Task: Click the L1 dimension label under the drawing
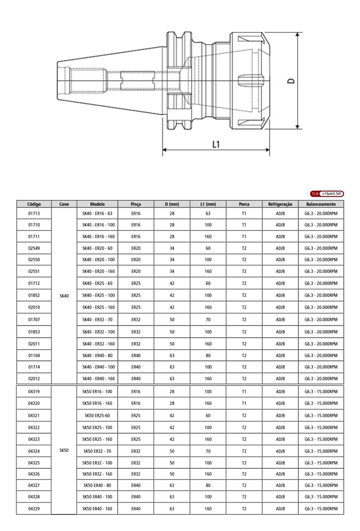point(216,144)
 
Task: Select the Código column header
point(34,204)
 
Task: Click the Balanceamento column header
point(321,204)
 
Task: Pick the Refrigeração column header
point(280,204)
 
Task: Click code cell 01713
point(34,214)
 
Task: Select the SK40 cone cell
point(64,296)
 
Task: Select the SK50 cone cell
point(64,450)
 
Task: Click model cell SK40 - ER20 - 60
point(97,248)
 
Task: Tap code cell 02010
point(34,307)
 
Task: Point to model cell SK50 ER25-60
point(97,415)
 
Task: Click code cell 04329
point(34,509)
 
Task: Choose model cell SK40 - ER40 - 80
point(97,356)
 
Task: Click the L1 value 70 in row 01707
point(208,320)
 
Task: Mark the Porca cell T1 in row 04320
point(244,403)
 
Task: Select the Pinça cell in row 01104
point(136,356)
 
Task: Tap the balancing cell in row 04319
point(321,392)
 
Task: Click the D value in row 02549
point(172,248)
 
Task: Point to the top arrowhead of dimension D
point(297,35)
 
